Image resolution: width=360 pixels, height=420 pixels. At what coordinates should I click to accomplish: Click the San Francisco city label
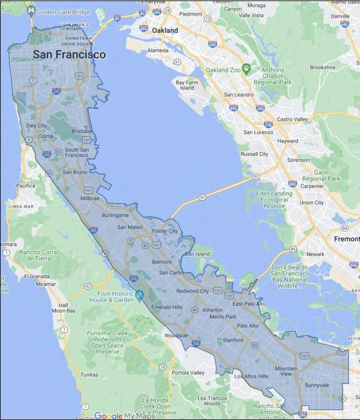pos(69,55)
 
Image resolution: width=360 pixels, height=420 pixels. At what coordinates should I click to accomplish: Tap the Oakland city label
pos(165,29)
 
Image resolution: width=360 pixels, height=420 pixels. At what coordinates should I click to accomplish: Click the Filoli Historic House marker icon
pos(139,295)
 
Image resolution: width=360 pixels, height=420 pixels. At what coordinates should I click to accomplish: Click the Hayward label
pos(287,141)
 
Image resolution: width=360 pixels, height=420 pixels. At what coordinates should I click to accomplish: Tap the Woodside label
pos(176,336)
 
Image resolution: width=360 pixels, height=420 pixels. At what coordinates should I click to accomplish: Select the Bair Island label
pos(198,254)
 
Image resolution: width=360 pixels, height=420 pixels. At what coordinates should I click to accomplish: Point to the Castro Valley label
pos(293,119)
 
